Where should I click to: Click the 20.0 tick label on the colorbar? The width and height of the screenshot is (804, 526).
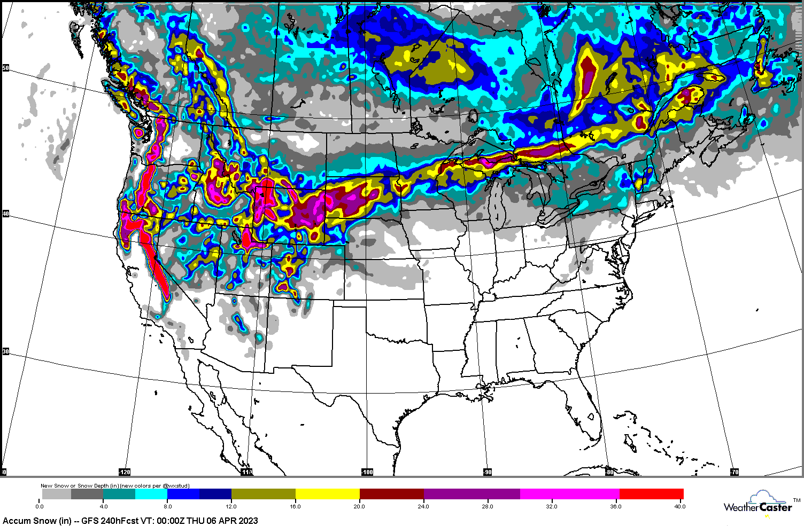(x=359, y=506)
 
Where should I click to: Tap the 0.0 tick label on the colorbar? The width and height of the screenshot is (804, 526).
(x=40, y=506)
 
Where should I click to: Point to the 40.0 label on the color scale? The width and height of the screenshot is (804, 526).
(x=679, y=506)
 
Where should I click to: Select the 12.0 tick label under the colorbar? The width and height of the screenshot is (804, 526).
(x=231, y=506)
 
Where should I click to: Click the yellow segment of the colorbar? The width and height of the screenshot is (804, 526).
(x=327, y=494)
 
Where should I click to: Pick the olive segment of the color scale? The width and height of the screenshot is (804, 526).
(x=263, y=494)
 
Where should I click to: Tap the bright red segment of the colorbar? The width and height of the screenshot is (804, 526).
(x=651, y=494)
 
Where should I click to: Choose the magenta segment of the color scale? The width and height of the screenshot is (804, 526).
(x=569, y=494)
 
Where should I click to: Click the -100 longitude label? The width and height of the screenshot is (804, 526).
(x=367, y=472)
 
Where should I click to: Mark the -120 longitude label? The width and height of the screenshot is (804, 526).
(x=124, y=472)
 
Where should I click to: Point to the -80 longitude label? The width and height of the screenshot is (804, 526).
(x=609, y=472)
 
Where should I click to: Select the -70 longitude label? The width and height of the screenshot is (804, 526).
(x=735, y=472)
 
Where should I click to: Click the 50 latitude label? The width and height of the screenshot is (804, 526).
(x=5, y=68)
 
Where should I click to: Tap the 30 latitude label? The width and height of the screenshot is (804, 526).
(x=5, y=351)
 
